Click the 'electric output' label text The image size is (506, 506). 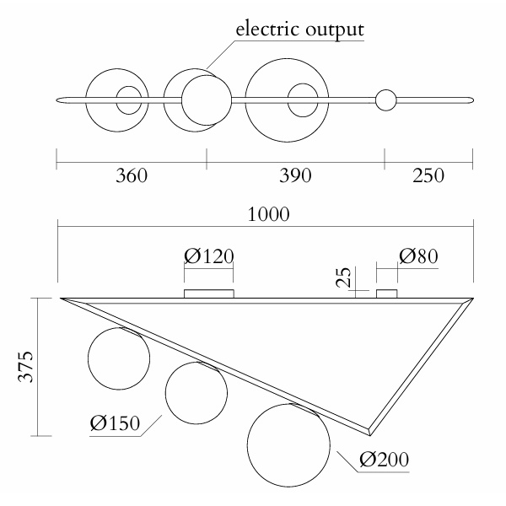[x=299, y=30]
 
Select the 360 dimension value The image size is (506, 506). [x=131, y=176]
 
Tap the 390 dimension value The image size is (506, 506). [x=295, y=176]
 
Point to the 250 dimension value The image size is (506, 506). [x=428, y=176]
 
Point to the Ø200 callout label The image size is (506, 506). [x=384, y=460]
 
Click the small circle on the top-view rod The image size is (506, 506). [x=385, y=100]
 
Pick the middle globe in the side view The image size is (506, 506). [x=196, y=394]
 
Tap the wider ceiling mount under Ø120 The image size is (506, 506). [x=208, y=293]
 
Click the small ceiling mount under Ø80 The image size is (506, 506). [x=386, y=293]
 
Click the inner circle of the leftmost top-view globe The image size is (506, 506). [x=129, y=100]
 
